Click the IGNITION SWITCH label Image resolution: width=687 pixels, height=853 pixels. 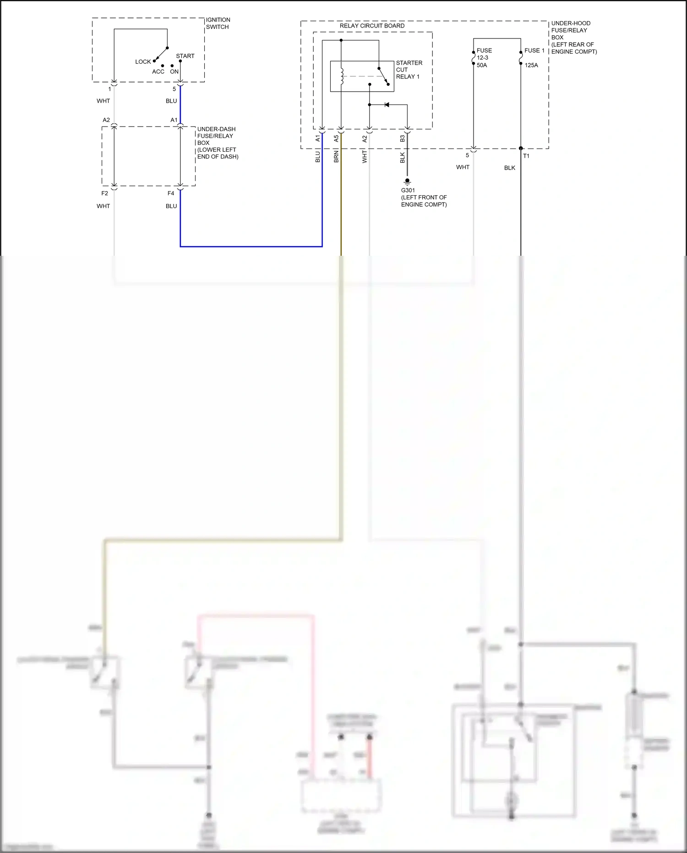point(218,23)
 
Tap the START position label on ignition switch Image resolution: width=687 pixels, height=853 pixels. point(185,56)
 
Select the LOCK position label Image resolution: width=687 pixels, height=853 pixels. point(143,62)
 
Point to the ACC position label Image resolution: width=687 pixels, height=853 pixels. point(158,72)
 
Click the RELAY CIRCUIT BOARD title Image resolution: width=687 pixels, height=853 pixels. point(372,26)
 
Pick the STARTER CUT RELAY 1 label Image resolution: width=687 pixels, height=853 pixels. point(409,70)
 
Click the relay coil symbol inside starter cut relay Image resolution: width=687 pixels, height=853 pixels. point(342,76)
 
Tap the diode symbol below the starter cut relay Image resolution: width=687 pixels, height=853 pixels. point(387,105)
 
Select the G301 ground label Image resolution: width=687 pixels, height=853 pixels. point(408,190)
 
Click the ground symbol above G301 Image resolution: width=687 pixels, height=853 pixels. point(407,182)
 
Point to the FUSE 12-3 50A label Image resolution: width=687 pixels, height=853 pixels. point(484,58)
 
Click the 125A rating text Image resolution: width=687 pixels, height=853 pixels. point(531,65)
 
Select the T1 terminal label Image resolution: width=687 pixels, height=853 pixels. point(526,156)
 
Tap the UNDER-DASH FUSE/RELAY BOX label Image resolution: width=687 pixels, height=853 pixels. point(217,143)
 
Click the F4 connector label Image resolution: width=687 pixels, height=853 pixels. point(171,193)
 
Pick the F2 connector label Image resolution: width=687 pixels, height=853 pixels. point(104,193)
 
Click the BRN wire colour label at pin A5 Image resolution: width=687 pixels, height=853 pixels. point(336,156)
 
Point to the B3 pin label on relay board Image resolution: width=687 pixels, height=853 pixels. point(403,138)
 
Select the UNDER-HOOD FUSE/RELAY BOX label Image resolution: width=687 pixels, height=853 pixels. point(573,37)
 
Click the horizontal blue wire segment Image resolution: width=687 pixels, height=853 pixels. point(251,247)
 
